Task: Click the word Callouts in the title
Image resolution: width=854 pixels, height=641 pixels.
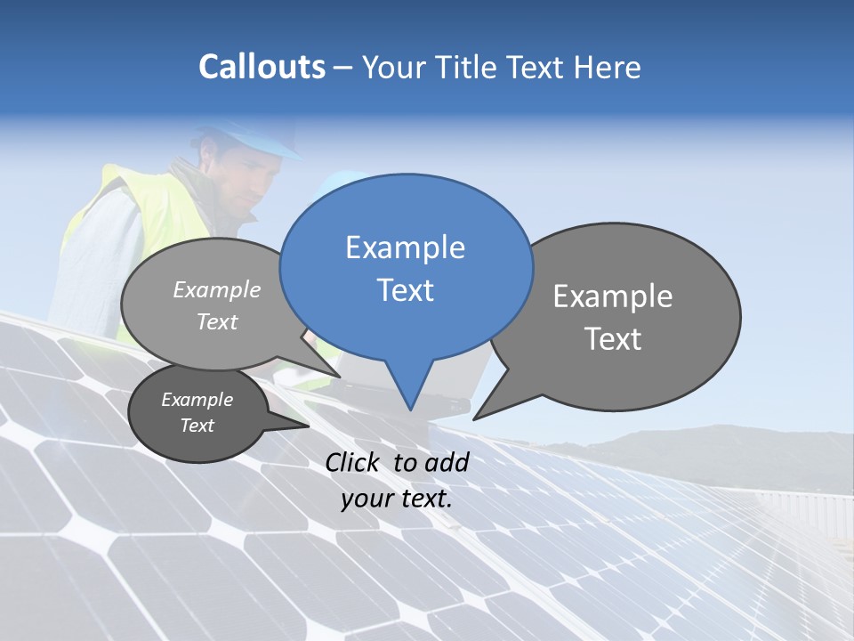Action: pos(262,67)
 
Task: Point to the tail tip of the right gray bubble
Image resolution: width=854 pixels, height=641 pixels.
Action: pos(475,418)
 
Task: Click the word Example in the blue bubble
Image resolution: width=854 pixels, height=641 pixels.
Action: pos(406,247)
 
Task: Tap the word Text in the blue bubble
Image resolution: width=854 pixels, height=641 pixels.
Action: pos(406,290)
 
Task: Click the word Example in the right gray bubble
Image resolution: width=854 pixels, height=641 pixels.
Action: pos(613,296)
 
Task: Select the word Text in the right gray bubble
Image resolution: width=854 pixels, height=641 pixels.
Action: pos(613,339)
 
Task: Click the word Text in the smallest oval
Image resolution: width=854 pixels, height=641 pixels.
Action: pos(197,426)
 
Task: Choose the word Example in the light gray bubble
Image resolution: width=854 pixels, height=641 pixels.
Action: pos(217,290)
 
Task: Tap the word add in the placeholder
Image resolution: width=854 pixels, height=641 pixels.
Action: pos(447,463)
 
